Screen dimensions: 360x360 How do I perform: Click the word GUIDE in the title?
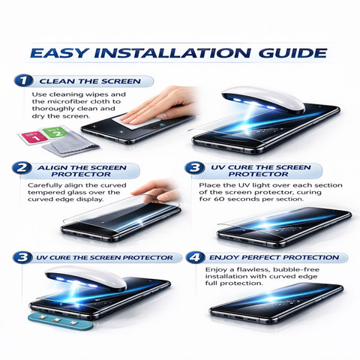point(292,52)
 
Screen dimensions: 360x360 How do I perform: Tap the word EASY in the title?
point(59,52)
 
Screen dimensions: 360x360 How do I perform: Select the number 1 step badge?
point(23,80)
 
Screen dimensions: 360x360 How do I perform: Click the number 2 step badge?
point(22,167)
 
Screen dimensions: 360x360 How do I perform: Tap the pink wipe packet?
point(33,138)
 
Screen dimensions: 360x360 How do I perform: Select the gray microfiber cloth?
point(71,145)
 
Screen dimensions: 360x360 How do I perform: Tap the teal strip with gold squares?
point(61,323)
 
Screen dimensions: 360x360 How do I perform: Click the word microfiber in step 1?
point(68,101)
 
